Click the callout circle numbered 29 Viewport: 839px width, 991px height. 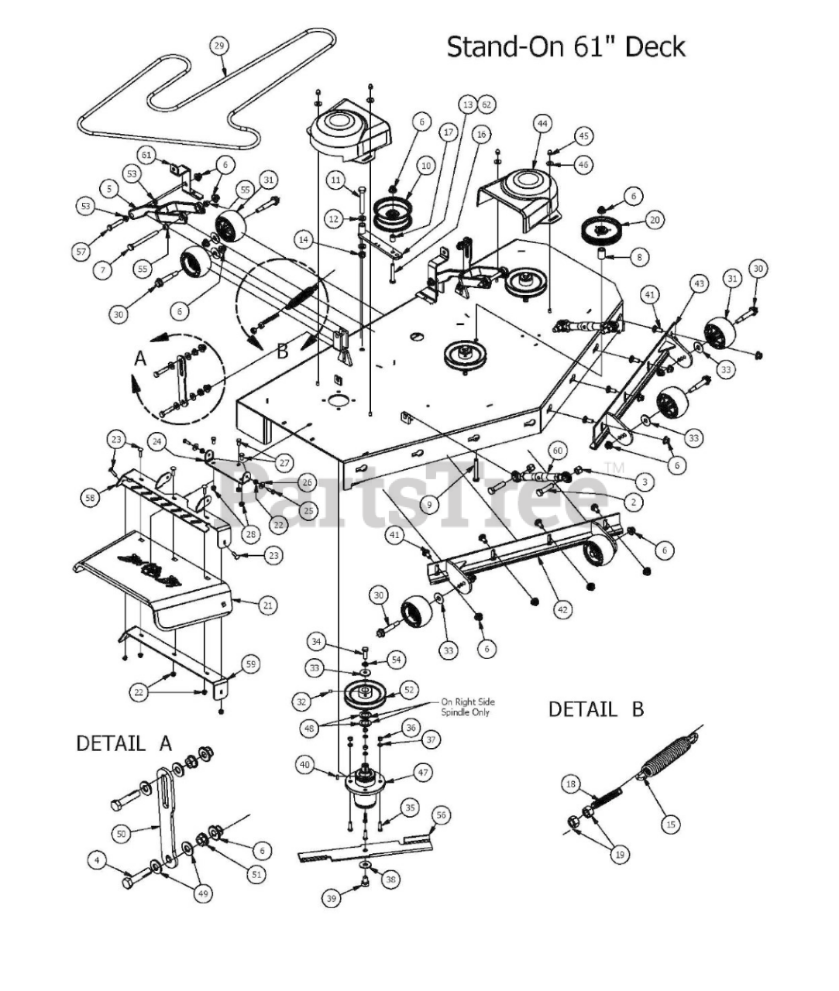pyautogui.click(x=218, y=46)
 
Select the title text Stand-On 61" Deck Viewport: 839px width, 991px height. pyautogui.click(x=566, y=47)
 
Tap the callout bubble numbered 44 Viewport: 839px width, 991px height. pyautogui.click(x=542, y=124)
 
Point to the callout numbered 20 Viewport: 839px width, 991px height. pyautogui.click(x=655, y=220)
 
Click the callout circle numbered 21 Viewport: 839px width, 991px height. pyautogui.click(x=268, y=605)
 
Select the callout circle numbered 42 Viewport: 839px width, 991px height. pyautogui.click(x=562, y=609)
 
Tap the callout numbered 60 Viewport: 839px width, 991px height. pyautogui.click(x=558, y=450)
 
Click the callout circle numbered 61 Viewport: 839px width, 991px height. pyautogui.click(x=146, y=155)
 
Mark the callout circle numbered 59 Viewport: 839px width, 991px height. pyautogui.click(x=251, y=664)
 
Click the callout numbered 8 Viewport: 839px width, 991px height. pyautogui.click(x=639, y=258)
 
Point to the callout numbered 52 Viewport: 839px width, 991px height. pyautogui.click(x=409, y=690)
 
